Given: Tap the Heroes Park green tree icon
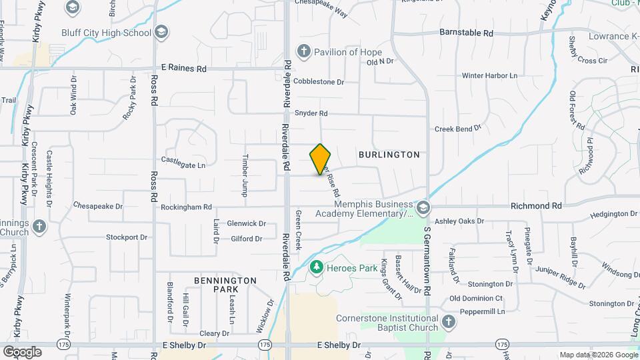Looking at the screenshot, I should (316, 268).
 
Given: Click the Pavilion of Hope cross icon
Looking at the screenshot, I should (303, 51).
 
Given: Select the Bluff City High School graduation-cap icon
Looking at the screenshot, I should (161, 32).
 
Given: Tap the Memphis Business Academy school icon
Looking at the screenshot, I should (423, 209).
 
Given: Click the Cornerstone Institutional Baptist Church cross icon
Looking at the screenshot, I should (449, 323).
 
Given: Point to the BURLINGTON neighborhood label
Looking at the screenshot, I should (389, 155).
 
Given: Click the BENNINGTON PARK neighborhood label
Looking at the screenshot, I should (225, 285).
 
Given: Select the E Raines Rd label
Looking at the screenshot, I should (184, 69).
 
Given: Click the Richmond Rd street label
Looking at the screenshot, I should (536, 207).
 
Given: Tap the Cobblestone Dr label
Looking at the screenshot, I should (319, 83).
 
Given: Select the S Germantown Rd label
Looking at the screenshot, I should (427, 260).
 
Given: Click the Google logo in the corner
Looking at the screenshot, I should (21, 351).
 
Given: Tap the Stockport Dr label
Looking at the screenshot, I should (127, 237).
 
